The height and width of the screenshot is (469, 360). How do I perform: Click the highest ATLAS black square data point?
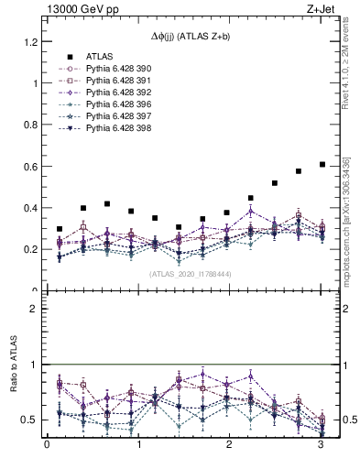coord(322,165)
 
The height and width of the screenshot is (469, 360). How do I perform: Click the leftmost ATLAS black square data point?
coord(60,229)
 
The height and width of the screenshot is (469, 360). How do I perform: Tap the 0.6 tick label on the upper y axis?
coord(31,166)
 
